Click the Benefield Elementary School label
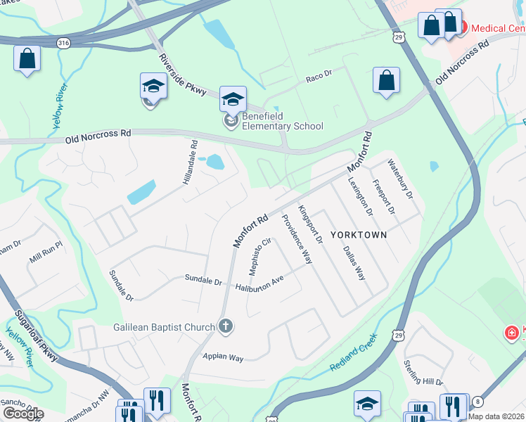coord(282,121)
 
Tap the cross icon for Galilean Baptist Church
coord(225,326)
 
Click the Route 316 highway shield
coord(64,42)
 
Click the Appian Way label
coord(223,357)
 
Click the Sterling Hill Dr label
coord(423,373)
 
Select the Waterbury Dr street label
coord(403,180)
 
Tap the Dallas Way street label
coord(353,263)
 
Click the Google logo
coord(23,414)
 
